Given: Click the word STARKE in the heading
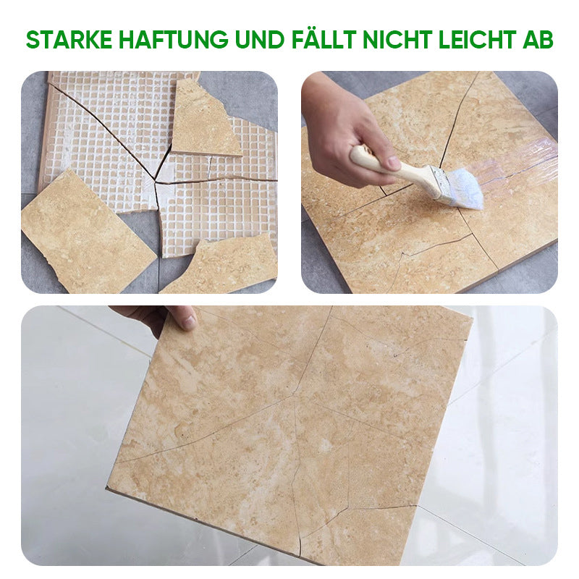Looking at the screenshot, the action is pyautogui.click(x=69, y=39).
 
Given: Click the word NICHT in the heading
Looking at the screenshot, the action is pyautogui.click(x=397, y=39).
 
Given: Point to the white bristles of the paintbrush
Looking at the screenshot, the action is pyautogui.click(x=466, y=190).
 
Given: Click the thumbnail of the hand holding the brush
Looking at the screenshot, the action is pyautogui.click(x=393, y=163).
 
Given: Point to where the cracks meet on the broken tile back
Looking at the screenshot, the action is pyautogui.click(x=156, y=182).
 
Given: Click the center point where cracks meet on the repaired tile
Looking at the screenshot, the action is pyautogui.click(x=295, y=396).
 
